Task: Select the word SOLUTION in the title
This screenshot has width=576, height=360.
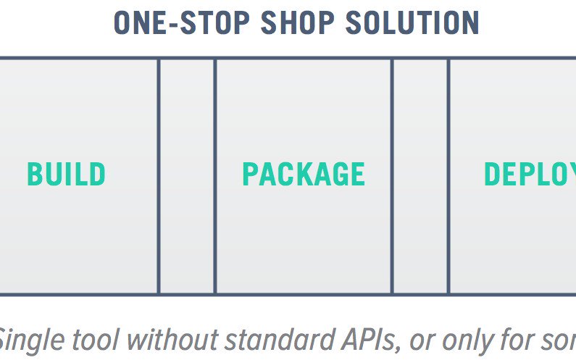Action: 412,22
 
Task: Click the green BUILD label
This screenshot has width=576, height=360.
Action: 67,175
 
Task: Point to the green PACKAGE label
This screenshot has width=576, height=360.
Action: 304,175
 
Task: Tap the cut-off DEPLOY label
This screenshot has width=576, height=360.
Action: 530,175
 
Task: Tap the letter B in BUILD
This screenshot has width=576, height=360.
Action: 34,175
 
